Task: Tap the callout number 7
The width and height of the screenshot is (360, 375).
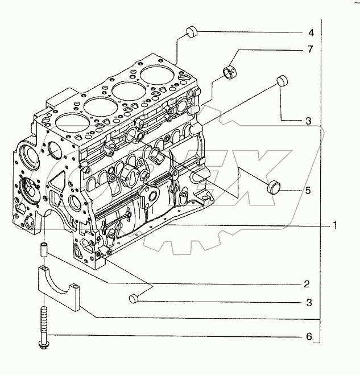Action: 311,50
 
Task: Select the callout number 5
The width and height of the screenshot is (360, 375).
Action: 308,191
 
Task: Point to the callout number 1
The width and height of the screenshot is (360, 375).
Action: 336,225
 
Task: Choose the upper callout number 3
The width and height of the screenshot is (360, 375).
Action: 308,121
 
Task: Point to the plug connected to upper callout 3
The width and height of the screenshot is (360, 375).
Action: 280,80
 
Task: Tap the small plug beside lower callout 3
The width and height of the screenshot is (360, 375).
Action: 134,298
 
